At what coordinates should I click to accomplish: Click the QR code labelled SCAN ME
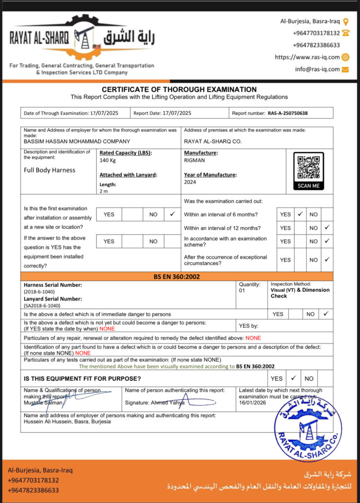(x=308, y=168)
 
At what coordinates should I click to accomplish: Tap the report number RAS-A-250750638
(x=288, y=113)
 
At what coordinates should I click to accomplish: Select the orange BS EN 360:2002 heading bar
(x=177, y=277)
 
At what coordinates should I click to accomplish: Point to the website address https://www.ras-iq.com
(x=307, y=57)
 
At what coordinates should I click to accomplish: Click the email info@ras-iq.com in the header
(x=317, y=69)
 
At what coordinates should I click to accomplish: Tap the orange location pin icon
(x=346, y=22)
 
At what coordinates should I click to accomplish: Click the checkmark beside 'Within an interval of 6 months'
(x=300, y=214)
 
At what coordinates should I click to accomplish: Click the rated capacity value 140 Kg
(x=107, y=160)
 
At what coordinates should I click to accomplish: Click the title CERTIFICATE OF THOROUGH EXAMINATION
(x=179, y=89)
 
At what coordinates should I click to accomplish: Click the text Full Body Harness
(x=50, y=170)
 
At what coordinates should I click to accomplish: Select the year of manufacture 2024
(x=190, y=182)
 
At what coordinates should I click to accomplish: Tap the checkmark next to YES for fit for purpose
(x=293, y=378)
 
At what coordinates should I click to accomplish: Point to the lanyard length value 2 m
(x=104, y=192)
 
